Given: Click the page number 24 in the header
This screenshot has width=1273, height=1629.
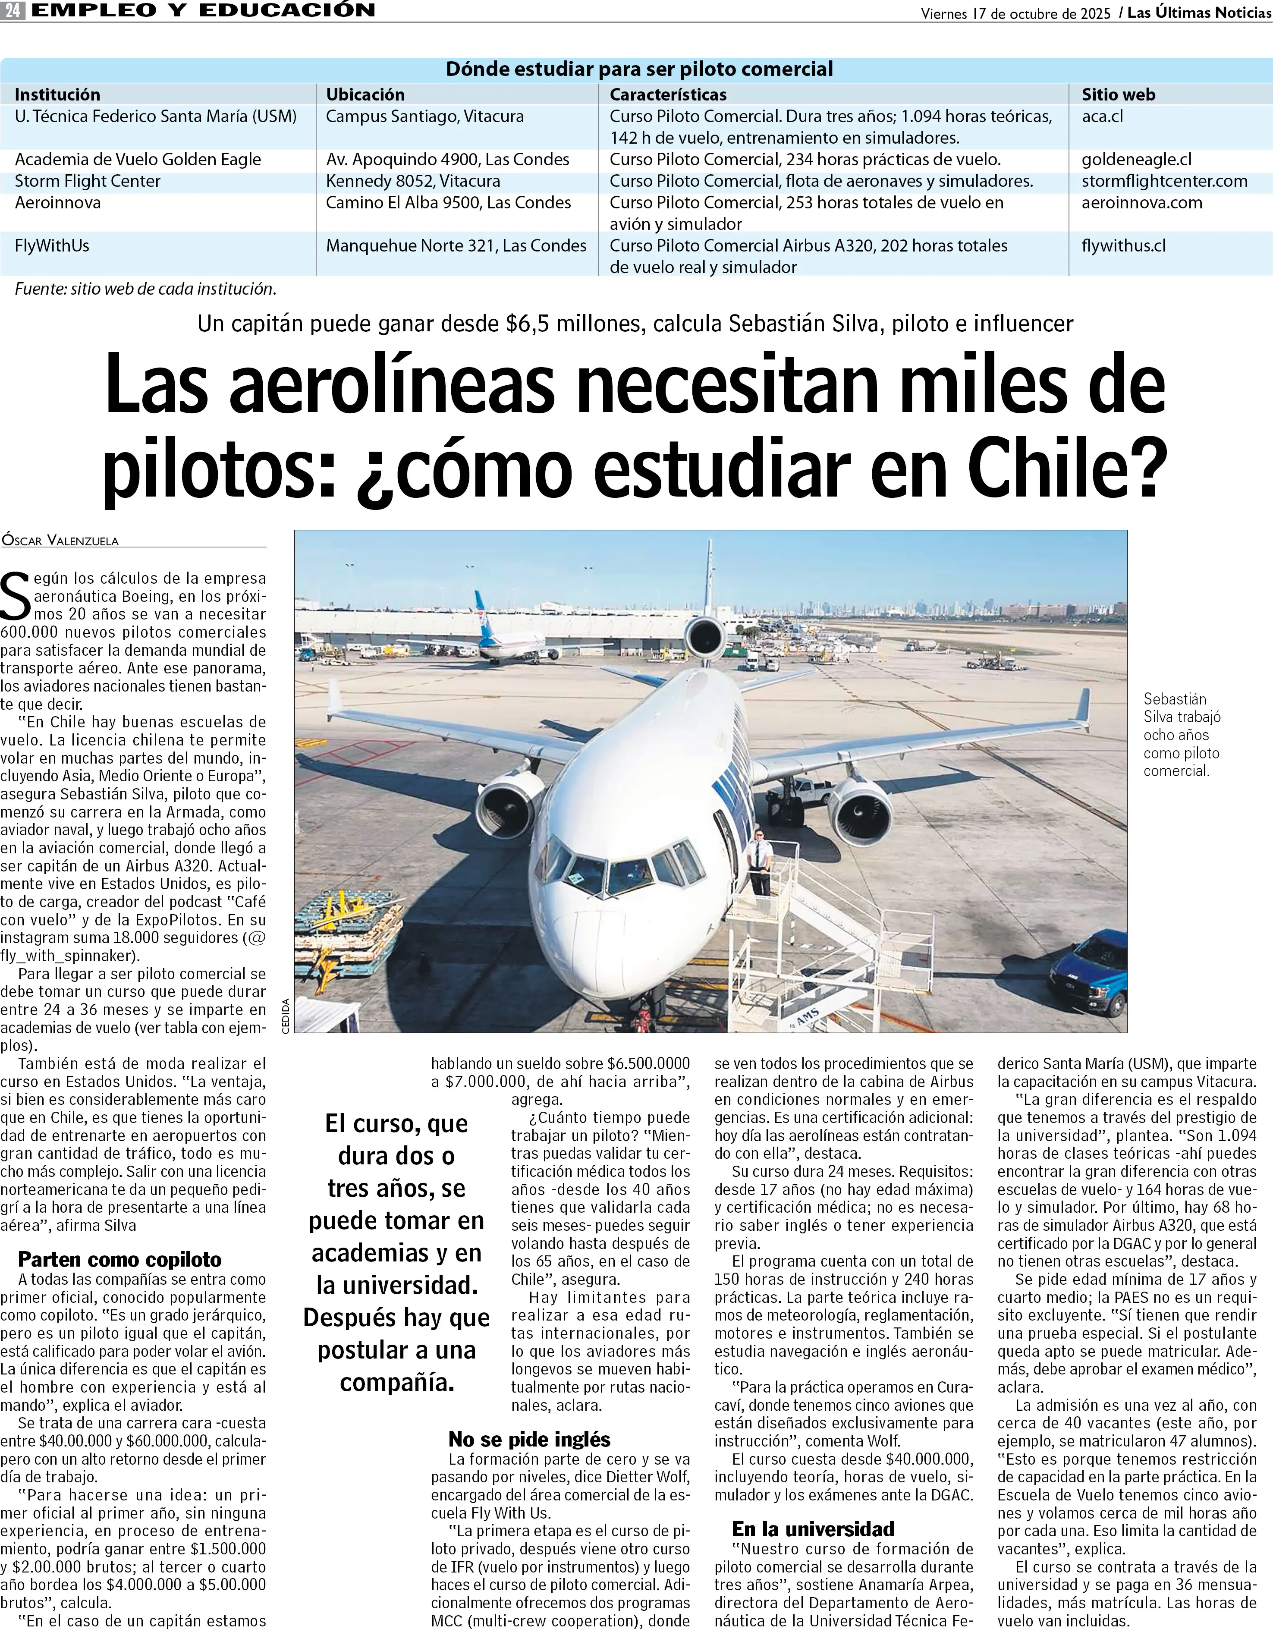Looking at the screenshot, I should pos(13,10).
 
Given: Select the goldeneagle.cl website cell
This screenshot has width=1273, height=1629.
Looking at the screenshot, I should pos(1137,160).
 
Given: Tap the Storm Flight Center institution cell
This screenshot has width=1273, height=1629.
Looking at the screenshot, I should pos(88,181).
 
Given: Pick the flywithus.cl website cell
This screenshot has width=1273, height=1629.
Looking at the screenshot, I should pos(1123,246).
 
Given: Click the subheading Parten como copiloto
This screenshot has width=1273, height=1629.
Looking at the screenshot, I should pos(119,1260).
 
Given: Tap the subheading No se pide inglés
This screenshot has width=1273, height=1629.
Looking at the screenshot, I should pos(529,1440).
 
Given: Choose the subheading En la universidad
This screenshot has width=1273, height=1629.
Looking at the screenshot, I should pos(813,1529).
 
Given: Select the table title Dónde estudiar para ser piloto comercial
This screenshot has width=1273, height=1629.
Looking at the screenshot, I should pos(639,69).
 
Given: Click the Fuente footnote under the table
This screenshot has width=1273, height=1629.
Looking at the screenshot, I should pos(145,289).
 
